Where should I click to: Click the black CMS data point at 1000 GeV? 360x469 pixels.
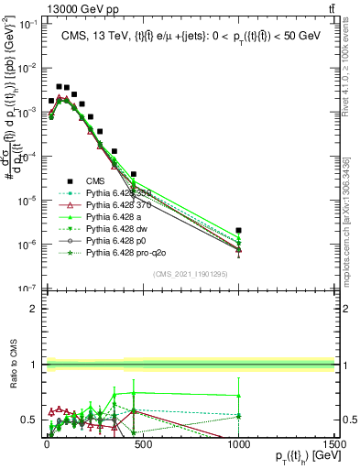[238, 231]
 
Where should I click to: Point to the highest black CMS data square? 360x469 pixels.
[59, 86]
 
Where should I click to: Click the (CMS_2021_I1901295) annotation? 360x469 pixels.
[190, 274]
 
